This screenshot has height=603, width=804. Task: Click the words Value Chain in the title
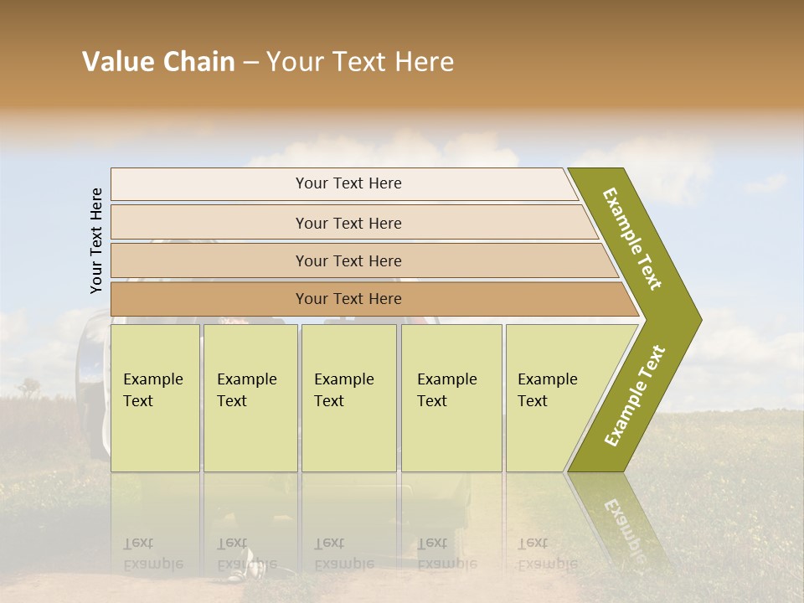(x=158, y=62)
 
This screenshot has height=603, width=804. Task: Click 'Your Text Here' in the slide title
(x=360, y=62)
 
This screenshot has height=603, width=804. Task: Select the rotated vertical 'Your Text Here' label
(x=96, y=240)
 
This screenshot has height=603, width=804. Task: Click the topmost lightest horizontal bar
(x=348, y=183)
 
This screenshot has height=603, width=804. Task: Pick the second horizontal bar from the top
(x=348, y=223)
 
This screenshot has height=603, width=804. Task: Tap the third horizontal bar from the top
(x=348, y=260)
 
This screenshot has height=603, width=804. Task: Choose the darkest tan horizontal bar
(x=348, y=299)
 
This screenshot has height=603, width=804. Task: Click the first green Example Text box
(x=155, y=398)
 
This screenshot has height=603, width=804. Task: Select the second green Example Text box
(x=250, y=398)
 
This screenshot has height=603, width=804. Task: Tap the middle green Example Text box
(x=348, y=398)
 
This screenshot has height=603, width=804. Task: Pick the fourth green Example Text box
(x=451, y=398)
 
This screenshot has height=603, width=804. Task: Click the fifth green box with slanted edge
(x=553, y=398)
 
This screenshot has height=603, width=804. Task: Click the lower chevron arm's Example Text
(x=635, y=396)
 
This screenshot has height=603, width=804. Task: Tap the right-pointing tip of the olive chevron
(x=694, y=319)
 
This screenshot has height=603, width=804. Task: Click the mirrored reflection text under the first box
(x=152, y=553)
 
